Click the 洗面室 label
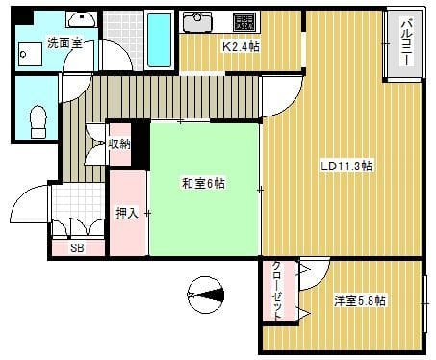point(65,42)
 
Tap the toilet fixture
point(38,122)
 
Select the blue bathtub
point(160,39)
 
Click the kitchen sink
point(197,21)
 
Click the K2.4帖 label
point(242,47)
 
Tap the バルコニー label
point(408,42)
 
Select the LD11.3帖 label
point(346,167)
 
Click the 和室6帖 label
point(203,184)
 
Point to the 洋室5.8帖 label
point(360,300)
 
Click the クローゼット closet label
point(278,291)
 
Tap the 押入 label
point(127,213)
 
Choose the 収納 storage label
point(119,144)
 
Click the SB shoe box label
point(77,247)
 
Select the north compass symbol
point(205,295)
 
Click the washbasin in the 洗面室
point(82,19)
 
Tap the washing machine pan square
point(31,55)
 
